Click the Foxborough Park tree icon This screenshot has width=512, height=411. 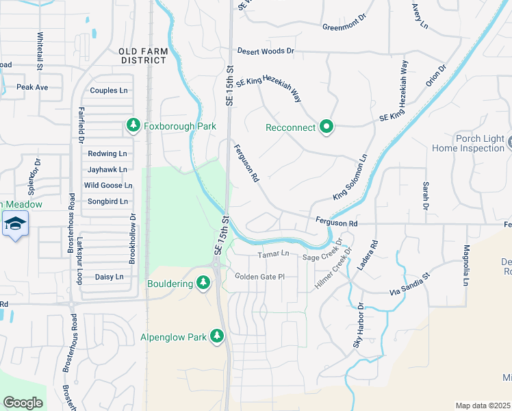pos(133,125)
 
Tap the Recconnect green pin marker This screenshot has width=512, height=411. pos(327,127)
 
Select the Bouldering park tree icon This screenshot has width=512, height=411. pos(203,282)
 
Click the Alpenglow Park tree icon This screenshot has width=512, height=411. pos(217,336)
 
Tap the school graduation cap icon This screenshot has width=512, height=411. pos(14,223)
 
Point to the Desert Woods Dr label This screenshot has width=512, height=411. pos(266,51)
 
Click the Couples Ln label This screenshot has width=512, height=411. pos(109,90)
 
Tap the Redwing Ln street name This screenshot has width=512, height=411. pos(107,153)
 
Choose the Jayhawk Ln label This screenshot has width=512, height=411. pos(107,169)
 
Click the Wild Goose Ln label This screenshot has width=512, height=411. pos(107,185)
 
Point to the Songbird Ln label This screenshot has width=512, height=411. pos(107,201)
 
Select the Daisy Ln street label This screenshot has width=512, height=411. pos(109,277)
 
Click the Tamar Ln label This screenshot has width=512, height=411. pos(274,254)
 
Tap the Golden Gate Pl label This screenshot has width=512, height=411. pos(259,276)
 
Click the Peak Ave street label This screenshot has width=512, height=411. pos(32,87)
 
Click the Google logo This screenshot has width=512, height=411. pos(23,403)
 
